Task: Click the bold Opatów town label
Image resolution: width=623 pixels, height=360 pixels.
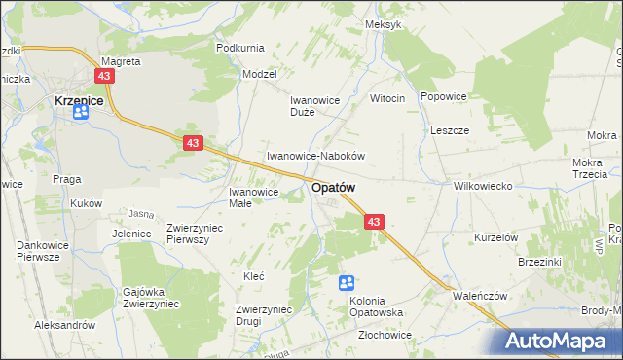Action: click(333, 187)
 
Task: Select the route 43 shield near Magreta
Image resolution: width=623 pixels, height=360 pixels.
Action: click(105, 75)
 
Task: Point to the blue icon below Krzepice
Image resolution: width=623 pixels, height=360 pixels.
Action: click(80, 113)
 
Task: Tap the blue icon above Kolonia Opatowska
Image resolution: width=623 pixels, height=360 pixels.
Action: click(346, 283)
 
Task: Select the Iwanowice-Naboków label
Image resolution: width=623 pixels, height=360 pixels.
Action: click(315, 156)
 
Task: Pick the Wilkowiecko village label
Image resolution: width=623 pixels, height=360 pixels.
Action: click(483, 186)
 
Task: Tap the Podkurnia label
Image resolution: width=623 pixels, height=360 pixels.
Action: click(240, 48)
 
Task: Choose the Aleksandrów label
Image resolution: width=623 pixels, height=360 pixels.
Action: click(63, 325)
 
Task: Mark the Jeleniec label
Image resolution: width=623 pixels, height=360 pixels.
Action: click(130, 234)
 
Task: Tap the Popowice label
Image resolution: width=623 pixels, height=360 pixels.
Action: click(444, 97)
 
